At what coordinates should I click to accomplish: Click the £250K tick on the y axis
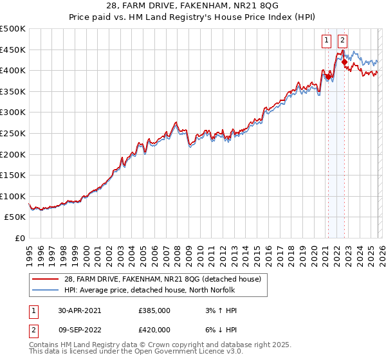click(13, 134)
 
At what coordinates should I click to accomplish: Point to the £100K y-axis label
click(13, 196)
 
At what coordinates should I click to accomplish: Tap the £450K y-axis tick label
click(13, 50)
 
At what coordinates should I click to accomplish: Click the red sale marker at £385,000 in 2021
click(327, 76)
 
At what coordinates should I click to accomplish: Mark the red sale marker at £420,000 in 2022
click(344, 62)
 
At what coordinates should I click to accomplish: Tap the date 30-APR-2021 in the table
click(79, 310)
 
